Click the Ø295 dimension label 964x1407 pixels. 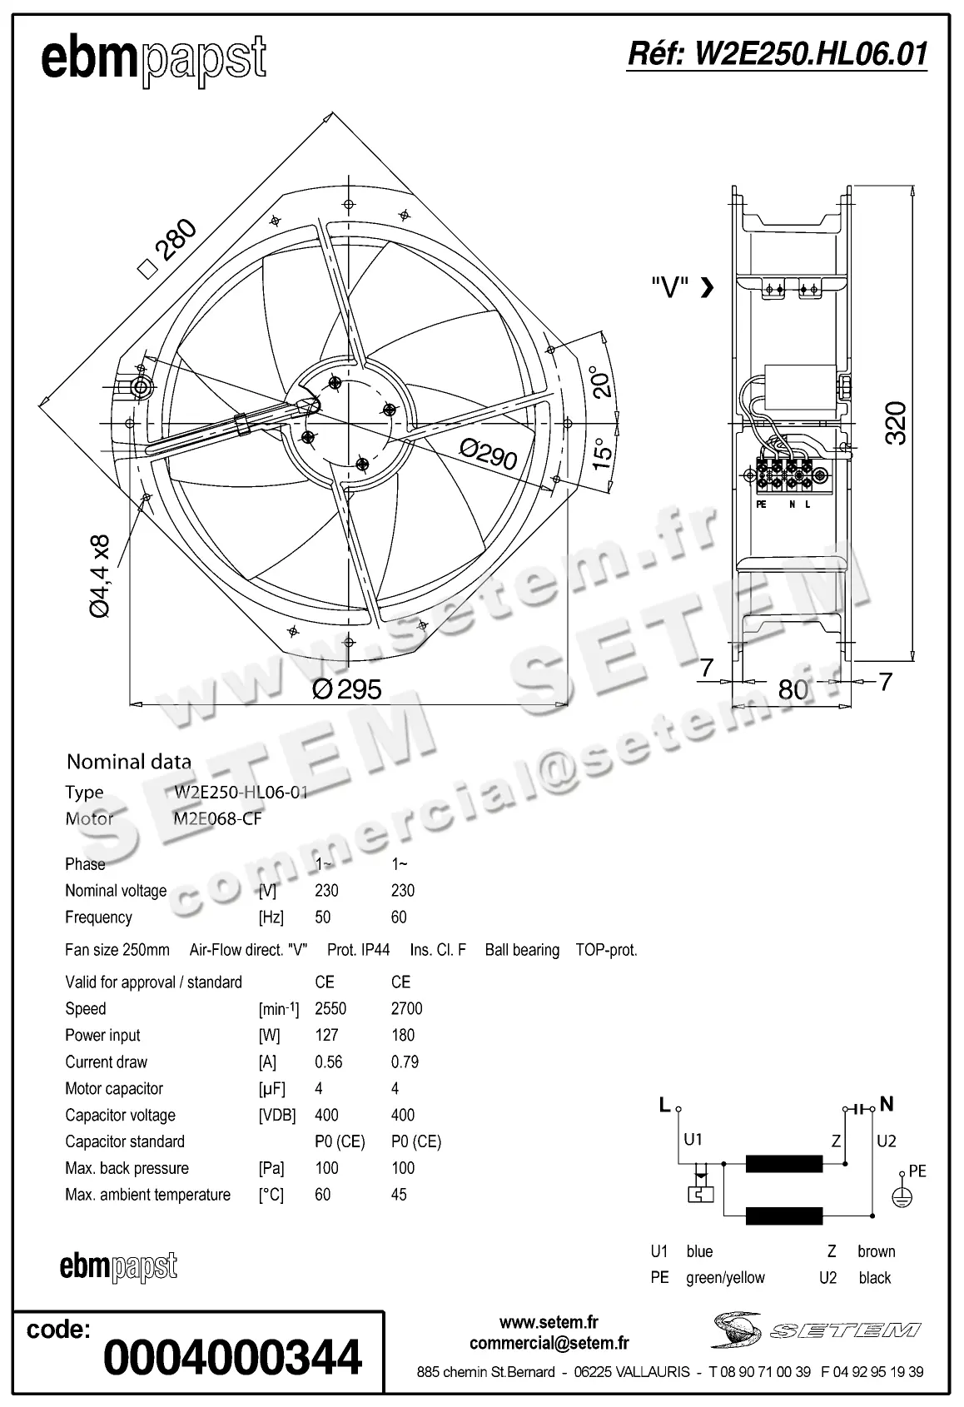tap(347, 689)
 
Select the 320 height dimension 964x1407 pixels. tap(895, 423)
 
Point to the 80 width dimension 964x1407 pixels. tap(793, 689)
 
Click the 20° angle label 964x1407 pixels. tap(600, 381)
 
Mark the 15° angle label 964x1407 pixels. tap(602, 455)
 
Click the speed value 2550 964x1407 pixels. tap(330, 1008)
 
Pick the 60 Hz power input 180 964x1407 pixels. tap(402, 1035)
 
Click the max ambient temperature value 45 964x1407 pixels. tap(399, 1195)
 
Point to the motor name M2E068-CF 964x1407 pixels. tap(217, 818)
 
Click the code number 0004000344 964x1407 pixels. tap(232, 1358)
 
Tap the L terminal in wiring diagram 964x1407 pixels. tap(665, 1106)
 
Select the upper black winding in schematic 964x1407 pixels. tap(783, 1163)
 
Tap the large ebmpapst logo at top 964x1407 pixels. tap(153, 60)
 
